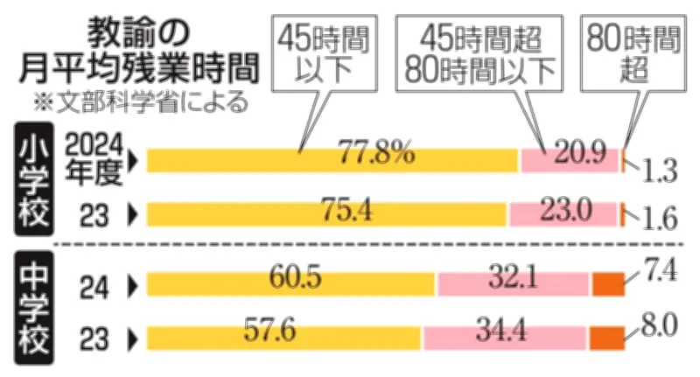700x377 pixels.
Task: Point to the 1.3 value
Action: click(x=658, y=171)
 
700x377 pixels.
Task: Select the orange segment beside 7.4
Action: click(x=609, y=284)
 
